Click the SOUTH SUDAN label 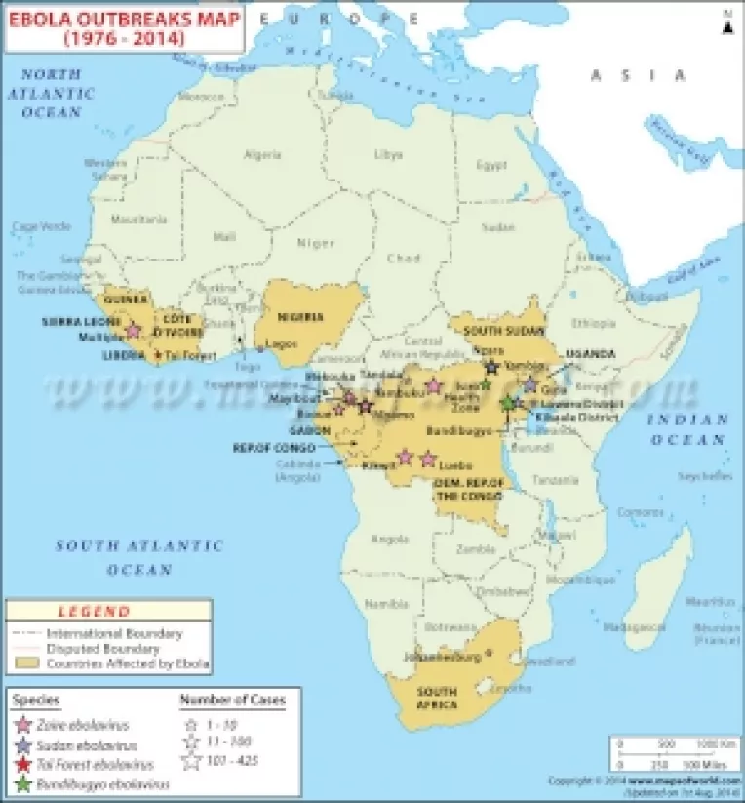click(497, 331)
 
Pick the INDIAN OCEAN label click(688, 429)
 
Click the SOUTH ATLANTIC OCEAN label click(138, 557)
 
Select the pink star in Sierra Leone click(134, 331)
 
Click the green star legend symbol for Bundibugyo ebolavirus click(23, 783)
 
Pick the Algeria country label click(262, 154)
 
